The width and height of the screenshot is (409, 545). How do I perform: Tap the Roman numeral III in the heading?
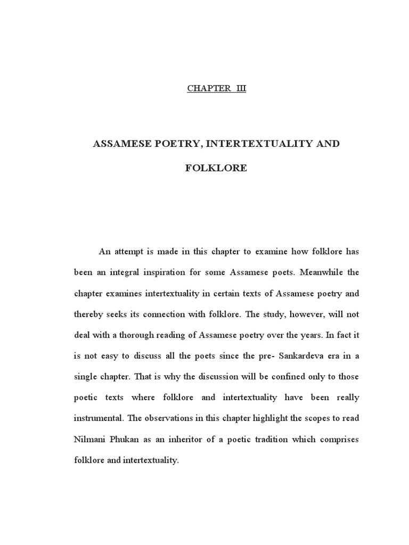(x=239, y=88)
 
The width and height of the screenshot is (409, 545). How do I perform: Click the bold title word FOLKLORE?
(x=216, y=168)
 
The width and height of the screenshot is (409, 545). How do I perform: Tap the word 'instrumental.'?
(x=98, y=418)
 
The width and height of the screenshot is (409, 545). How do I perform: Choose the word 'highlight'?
(x=269, y=418)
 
